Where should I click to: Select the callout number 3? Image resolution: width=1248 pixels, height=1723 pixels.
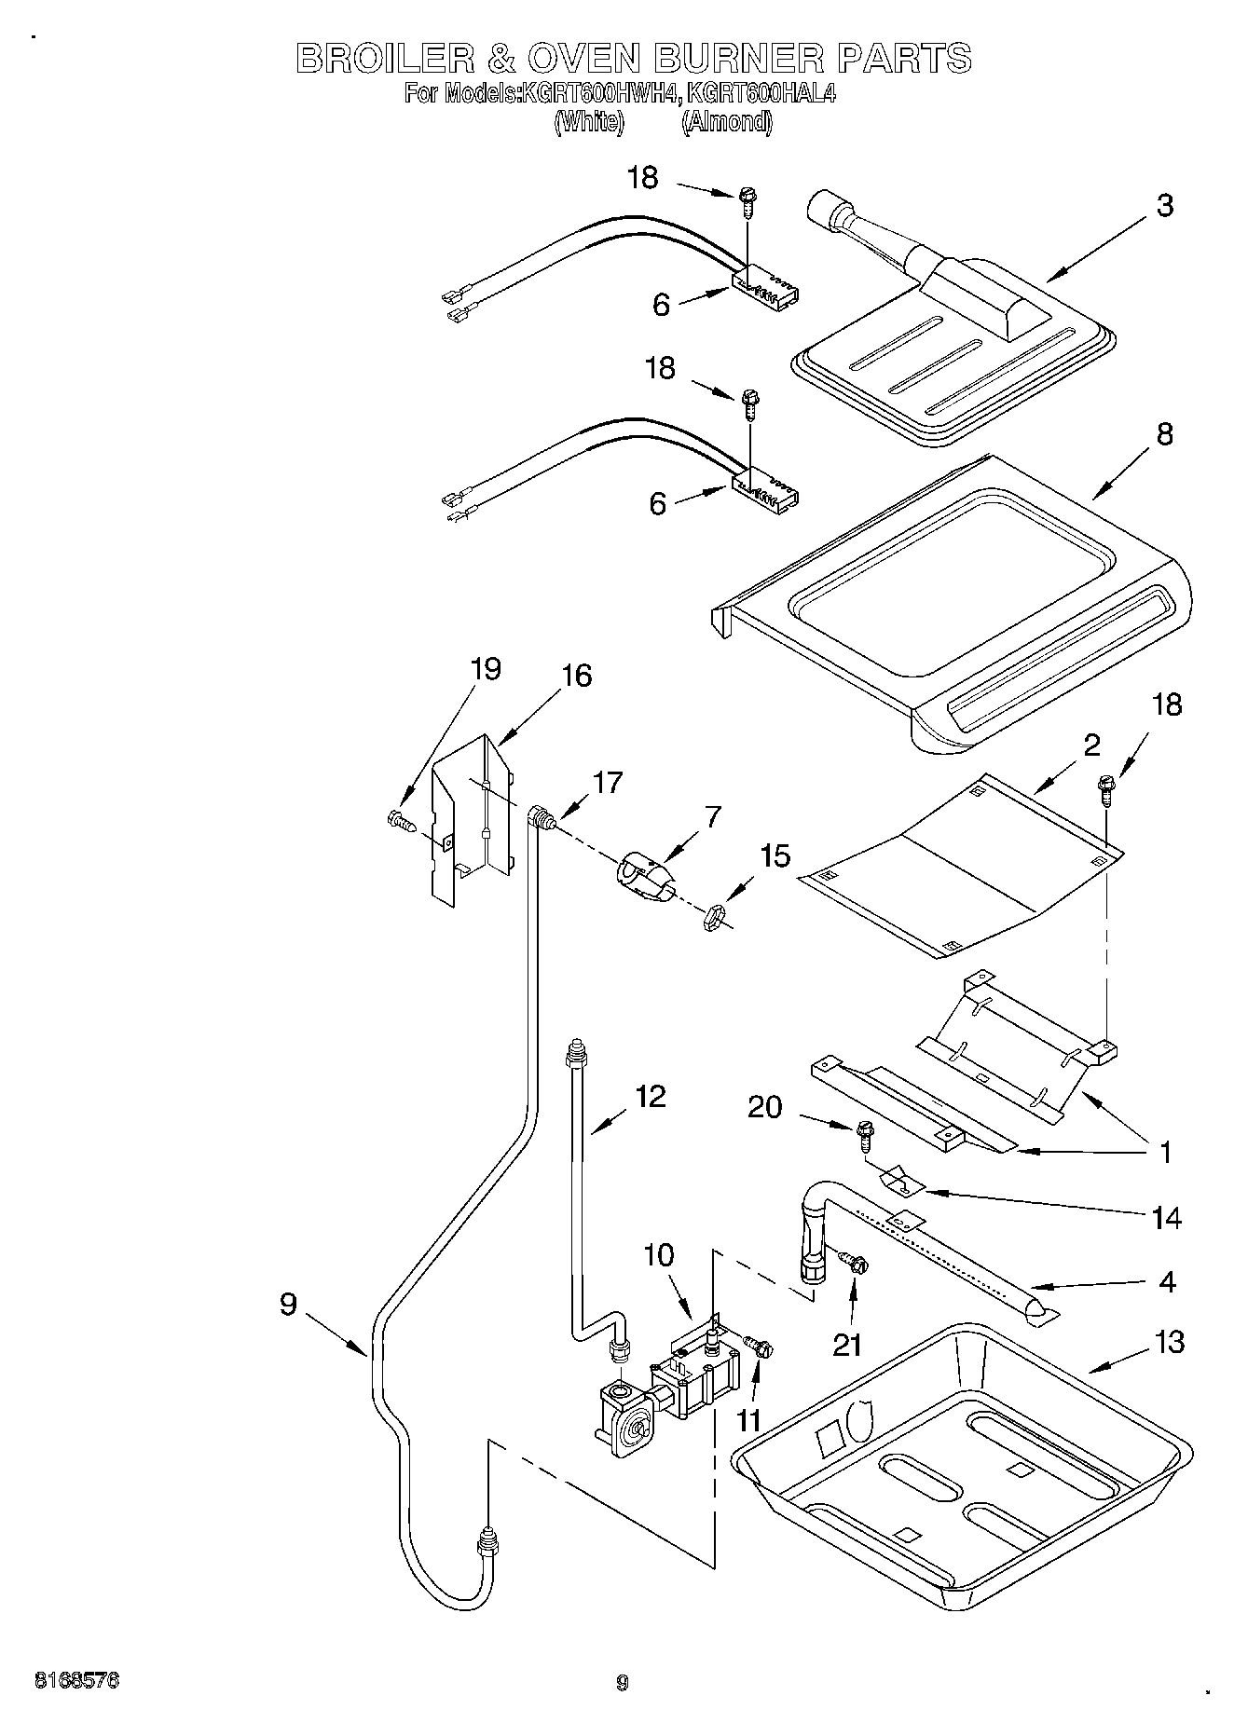1164,206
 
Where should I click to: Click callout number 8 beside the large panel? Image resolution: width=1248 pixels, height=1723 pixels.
1164,434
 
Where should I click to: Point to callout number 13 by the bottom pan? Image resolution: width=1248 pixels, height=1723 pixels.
1169,1342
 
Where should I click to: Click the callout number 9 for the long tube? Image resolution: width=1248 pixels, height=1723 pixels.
288,1304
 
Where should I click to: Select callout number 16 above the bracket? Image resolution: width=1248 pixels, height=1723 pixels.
577,676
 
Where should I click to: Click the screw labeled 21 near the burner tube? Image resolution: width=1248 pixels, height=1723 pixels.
857,1264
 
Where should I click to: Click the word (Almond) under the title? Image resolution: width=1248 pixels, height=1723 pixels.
726,122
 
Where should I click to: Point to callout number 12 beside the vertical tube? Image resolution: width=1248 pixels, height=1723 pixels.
650,1096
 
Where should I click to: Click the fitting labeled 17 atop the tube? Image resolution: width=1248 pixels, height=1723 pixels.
541,818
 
